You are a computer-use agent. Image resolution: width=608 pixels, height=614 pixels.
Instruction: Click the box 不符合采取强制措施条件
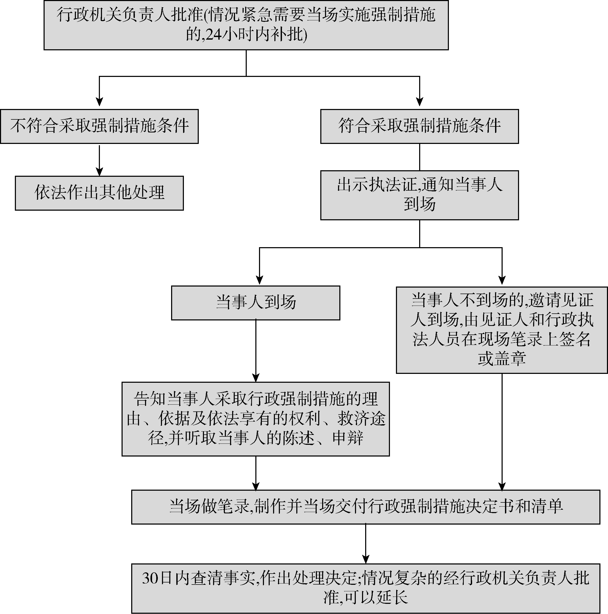coord(99,126)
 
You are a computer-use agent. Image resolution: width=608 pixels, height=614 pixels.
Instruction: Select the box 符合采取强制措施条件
coord(419,126)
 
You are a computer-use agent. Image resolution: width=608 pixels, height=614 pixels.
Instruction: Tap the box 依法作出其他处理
coord(99,193)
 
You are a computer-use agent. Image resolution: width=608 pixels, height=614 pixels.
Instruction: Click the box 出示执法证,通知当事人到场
coord(419,195)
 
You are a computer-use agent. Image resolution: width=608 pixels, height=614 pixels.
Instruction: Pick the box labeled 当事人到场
coord(255,302)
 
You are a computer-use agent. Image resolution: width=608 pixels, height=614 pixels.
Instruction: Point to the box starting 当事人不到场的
coord(502,330)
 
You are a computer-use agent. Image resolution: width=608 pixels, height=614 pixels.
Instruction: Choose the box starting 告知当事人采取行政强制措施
coord(255,419)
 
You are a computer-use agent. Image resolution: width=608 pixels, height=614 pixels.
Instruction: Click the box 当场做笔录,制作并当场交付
coord(365,507)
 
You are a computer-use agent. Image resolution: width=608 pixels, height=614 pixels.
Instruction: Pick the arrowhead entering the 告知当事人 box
coord(256,378)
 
